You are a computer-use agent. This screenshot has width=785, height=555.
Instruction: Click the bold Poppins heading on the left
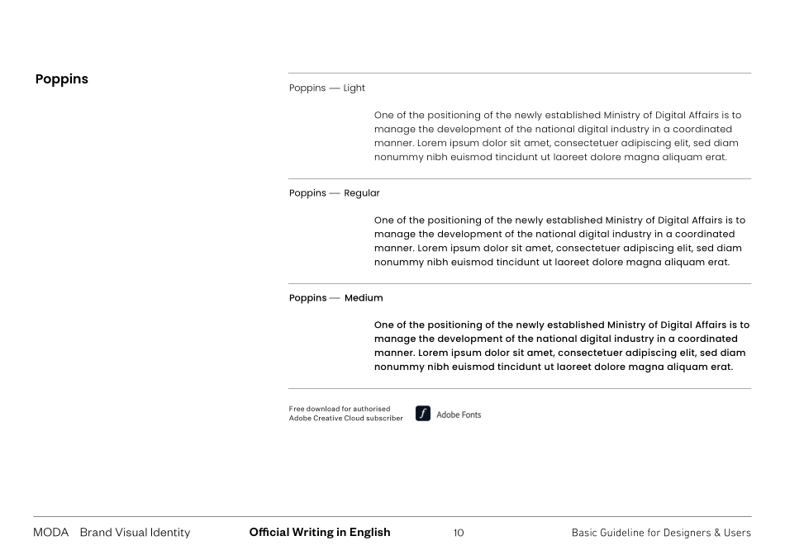pyautogui.click(x=62, y=80)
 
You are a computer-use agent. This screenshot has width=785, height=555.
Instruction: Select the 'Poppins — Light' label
pyautogui.click(x=326, y=88)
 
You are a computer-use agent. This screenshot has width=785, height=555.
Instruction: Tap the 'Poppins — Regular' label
pyautogui.click(x=334, y=193)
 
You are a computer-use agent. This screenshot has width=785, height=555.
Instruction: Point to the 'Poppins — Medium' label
pyautogui.click(x=335, y=298)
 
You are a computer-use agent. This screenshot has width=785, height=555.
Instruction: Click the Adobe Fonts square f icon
pyautogui.click(x=423, y=415)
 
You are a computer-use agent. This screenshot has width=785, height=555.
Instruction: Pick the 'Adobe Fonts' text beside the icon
pyautogui.click(x=459, y=415)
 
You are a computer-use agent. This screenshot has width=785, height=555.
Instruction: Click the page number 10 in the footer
pyautogui.click(x=459, y=533)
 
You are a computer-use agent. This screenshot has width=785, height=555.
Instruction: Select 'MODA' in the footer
pyautogui.click(x=50, y=533)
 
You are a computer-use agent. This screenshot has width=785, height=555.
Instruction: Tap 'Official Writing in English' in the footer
pyautogui.click(x=319, y=533)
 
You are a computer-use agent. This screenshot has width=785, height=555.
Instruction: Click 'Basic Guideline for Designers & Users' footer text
pyautogui.click(x=661, y=533)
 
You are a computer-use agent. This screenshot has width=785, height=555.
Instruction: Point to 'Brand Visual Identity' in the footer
pyautogui.click(x=135, y=533)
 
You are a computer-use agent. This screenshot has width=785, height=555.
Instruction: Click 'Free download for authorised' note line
pyautogui.click(x=340, y=409)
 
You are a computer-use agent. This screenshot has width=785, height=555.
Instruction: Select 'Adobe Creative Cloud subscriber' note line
pyautogui.click(x=345, y=419)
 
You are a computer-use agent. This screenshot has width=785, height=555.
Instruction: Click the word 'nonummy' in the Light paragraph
pyautogui.click(x=398, y=158)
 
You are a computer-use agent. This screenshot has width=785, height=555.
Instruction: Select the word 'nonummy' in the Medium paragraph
pyautogui.click(x=400, y=368)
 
